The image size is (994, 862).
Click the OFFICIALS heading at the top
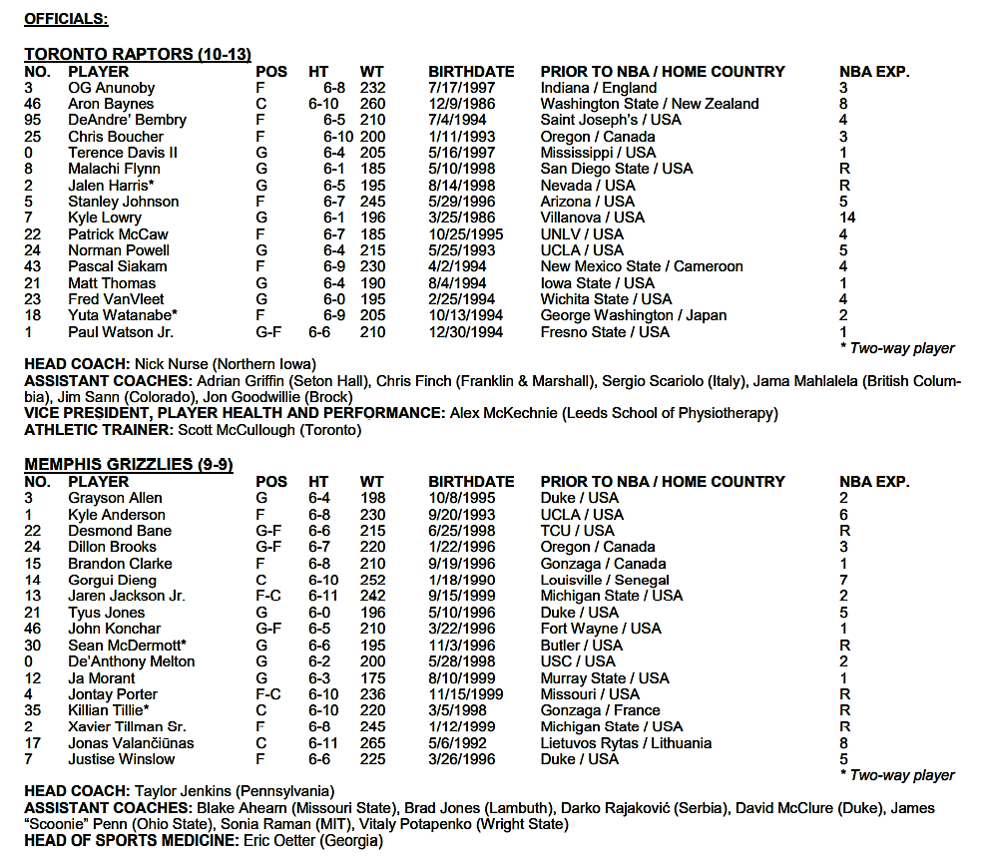coord(66,18)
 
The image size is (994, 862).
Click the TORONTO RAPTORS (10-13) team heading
coord(138,54)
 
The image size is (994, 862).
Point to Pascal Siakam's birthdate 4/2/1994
coord(460,266)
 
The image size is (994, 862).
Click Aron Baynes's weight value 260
coord(372,104)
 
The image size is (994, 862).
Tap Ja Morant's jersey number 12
coord(32,677)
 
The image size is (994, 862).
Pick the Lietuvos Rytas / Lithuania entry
coord(626,742)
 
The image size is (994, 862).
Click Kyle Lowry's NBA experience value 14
coord(847,217)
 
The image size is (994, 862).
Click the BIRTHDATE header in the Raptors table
coord(471,72)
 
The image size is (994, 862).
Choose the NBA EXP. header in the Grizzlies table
coord(874,482)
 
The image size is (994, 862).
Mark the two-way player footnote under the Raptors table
coord(897,348)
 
